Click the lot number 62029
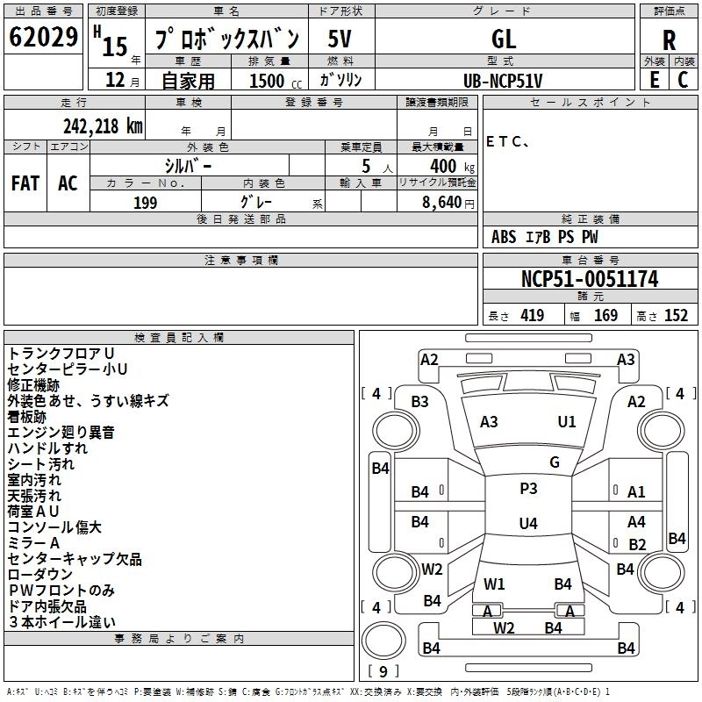click(x=43, y=37)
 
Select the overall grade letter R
click(x=669, y=40)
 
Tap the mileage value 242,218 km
click(x=103, y=126)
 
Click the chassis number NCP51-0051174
click(x=590, y=279)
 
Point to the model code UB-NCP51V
click(x=503, y=81)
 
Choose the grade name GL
click(x=504, y=39)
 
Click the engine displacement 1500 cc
click(x=276, y=81)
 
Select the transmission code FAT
click(x=25, y=183)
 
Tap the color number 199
click(x=145, y=203)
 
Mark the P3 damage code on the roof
click(x=528, y=489)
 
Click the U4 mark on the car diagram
click(x=528, y=523)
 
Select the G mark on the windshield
click(x=555, y=462)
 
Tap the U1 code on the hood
click(x=567, y=422)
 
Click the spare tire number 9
click(x=383, y=671)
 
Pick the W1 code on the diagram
click(x=494, y=584)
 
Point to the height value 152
click(x=676, y=316)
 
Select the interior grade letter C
click(x=683, y=80)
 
